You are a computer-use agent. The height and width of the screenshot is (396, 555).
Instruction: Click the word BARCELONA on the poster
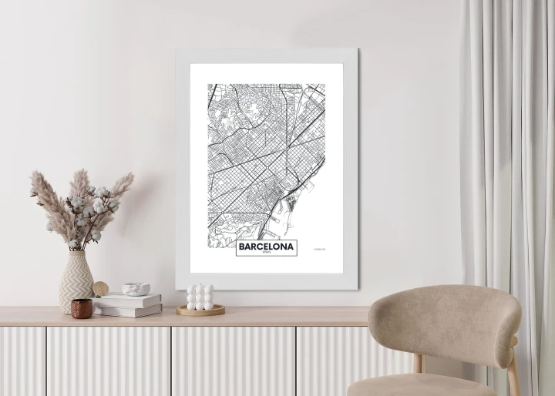266,247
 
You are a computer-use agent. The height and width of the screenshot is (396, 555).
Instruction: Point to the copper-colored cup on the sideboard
82,308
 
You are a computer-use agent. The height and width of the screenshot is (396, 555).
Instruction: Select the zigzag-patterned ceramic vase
76,279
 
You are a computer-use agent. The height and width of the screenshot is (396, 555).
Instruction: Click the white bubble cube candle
200,297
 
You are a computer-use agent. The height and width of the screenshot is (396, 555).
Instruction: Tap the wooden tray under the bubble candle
200,310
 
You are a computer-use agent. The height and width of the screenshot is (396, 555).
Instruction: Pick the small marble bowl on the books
136,289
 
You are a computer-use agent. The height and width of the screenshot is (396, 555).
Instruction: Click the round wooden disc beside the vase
100,289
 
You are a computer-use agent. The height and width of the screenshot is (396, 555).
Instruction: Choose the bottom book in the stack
129,310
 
